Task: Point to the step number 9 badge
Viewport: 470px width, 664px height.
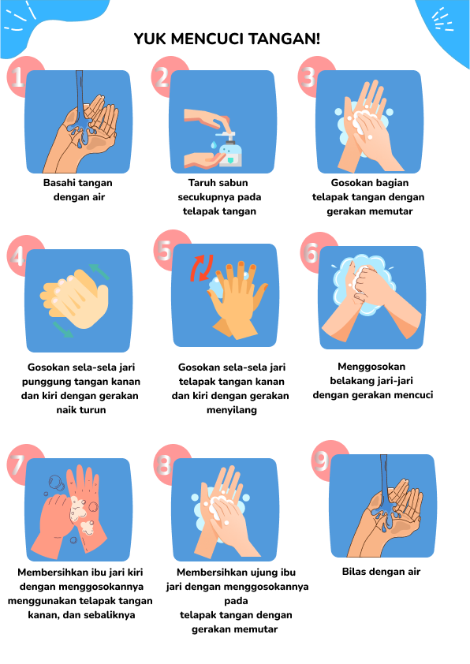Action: click(322, 461)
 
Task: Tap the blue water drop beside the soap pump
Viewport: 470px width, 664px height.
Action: click(213, 145)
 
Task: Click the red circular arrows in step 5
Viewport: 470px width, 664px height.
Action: click(202, 267)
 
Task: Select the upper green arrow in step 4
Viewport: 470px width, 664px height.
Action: click(99, 271)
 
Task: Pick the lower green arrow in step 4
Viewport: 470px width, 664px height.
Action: click(62, 330)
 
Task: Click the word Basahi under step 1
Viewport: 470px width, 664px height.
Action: click(58, 183)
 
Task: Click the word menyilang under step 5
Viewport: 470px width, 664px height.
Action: click(232, 410)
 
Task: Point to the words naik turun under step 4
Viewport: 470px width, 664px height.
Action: click(81, 410)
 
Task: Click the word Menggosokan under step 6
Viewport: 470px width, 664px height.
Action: click(371, 367)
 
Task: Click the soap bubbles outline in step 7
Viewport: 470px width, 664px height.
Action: click(57, 483)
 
